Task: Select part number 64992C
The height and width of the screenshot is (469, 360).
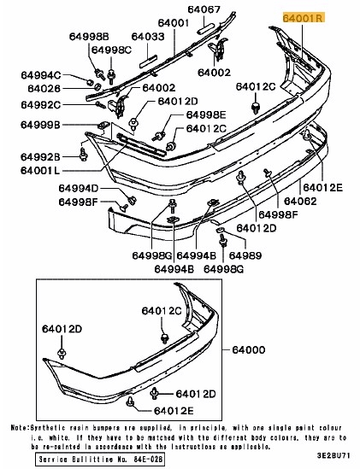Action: [41, 105]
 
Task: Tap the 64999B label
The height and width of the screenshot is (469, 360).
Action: [41, 126]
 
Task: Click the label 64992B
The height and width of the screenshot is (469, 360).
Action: [41, 156]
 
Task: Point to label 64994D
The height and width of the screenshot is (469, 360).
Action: [80, 188]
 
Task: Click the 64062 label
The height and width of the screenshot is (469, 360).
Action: [300, 202]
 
